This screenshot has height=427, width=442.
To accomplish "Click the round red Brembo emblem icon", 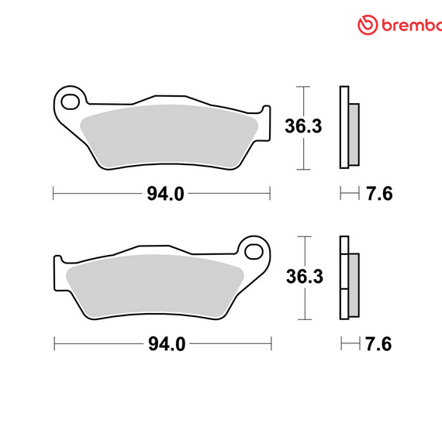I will click(x=367, y=25).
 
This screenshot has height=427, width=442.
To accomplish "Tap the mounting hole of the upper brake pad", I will click(x=71, y=100).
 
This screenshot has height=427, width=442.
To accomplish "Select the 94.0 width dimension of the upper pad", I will click(x=165, y=194).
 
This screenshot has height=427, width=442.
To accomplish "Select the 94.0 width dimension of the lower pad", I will click(x=165, y=343).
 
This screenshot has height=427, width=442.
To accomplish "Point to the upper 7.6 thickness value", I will click(x=378, y=194).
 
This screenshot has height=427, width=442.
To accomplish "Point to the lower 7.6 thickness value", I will click(x=378, y=343).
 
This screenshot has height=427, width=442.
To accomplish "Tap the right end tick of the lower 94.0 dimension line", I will click(x=271, y=343).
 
